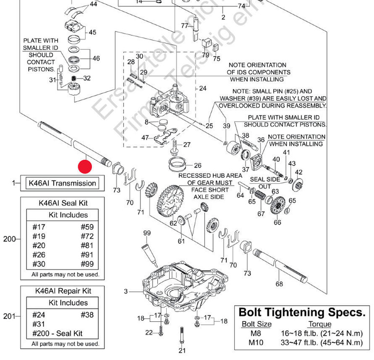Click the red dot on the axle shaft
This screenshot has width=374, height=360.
coord(85,167)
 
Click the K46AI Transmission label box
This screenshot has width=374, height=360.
coord(62,183)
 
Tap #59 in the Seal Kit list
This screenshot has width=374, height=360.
coord(87,227)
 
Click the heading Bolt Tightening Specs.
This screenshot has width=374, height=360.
coord(302,312)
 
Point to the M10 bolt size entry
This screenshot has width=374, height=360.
coord(255,342)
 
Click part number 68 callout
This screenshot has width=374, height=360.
coord(279,284)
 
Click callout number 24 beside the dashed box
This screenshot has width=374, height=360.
coord(203,89)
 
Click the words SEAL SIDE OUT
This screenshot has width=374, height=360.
coord(264,183)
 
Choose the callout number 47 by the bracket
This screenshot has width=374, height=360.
coord(145,138)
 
